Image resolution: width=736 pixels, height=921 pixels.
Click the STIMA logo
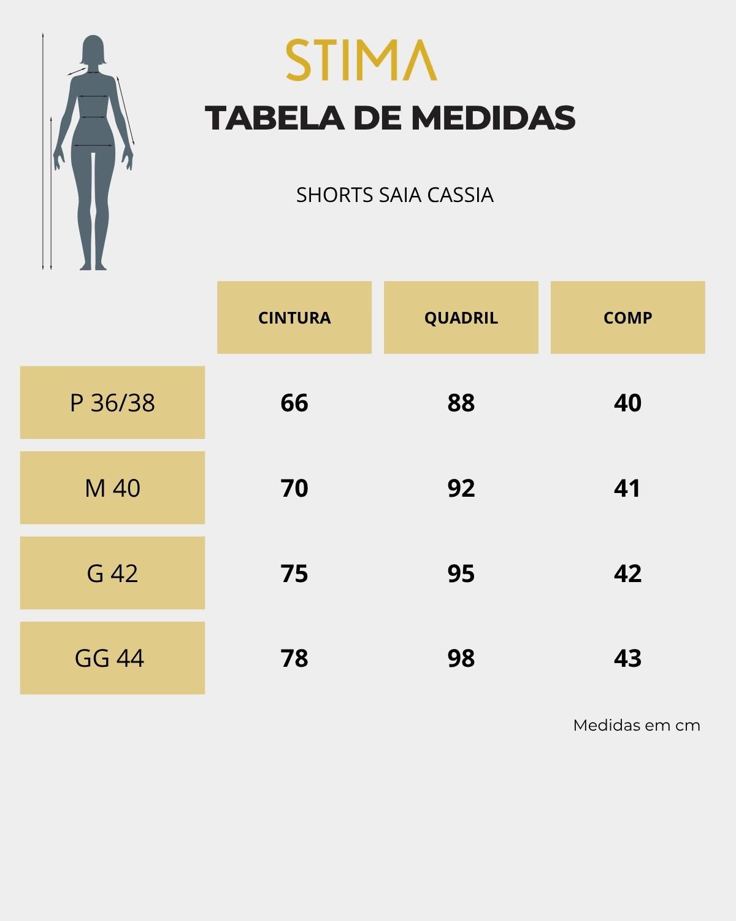361,60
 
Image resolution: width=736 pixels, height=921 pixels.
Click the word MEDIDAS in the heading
493,118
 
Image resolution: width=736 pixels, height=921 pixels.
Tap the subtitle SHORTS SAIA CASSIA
394,195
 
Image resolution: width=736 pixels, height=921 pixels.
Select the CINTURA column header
294,317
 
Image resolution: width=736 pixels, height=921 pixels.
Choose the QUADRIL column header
461,317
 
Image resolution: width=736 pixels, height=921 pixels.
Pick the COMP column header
627,317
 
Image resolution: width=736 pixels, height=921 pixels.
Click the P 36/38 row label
112,403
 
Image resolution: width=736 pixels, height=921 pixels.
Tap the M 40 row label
112,488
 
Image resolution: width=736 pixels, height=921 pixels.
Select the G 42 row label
112,573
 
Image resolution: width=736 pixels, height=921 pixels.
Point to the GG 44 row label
110,658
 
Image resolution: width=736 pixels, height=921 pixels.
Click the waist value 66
294,403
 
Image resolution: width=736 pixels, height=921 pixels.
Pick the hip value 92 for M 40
461,488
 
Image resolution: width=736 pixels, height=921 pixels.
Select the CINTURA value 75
294,573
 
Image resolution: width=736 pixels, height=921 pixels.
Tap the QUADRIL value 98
461,658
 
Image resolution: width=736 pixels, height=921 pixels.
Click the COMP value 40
627,403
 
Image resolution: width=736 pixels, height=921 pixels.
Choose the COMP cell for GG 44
627,658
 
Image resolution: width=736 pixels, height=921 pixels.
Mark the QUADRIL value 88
461,403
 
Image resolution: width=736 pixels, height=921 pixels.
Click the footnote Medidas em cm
636,725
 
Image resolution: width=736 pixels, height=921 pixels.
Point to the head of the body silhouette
93,50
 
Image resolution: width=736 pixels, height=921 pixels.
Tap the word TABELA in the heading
274,118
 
